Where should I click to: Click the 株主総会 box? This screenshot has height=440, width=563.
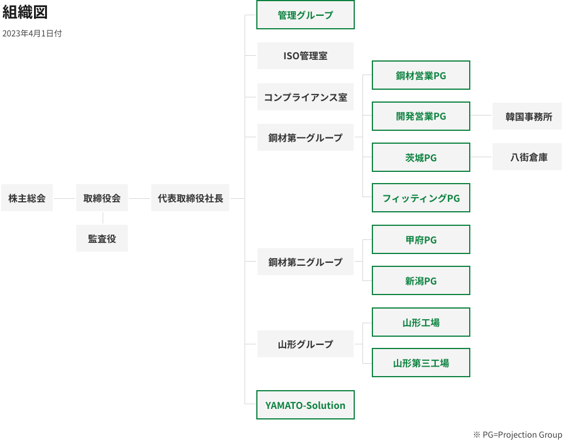tap(27, 198)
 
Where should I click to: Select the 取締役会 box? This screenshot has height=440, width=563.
tap(102, 198)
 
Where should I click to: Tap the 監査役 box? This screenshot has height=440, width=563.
tap(102, 239)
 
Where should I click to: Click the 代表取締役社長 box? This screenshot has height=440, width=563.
tap(190, 198)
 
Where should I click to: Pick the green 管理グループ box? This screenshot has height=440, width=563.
tap(305, 15)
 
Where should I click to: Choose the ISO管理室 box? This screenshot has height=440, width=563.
tap(305, 56)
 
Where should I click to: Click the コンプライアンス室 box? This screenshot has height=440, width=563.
tap(305, 97)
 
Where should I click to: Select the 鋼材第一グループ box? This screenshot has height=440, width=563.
tap(305, 138)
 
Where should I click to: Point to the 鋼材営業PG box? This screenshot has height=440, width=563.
tap(420, 75)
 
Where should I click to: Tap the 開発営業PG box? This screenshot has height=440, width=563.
tap(420, 116)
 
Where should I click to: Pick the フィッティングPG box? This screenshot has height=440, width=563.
tap(420, 198)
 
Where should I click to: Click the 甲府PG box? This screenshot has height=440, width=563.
tap(420, 240)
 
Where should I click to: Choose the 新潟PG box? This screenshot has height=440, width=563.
tap(420, 281)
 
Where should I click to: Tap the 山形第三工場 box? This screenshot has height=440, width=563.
tap(420, 363)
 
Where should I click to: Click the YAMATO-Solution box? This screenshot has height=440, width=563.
tap(305, 405)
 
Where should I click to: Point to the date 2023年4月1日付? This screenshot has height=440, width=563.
tap(32, 33)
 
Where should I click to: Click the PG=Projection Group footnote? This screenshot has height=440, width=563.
tap(517, 434)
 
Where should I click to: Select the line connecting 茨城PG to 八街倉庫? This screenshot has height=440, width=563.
tap(480, 157)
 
